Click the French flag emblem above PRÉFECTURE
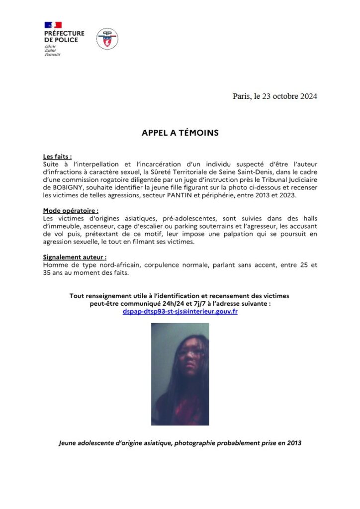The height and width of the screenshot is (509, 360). (x=53, y=25)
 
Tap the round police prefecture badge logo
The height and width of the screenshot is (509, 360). (x=107, y=39)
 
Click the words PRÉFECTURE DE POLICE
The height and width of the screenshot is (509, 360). (x=64, y=37)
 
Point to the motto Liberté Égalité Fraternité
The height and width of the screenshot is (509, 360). (x=52, y=50)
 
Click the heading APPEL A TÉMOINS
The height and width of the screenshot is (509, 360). (x=180, y=133)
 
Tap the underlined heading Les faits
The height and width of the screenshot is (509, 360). (x=57, y=156)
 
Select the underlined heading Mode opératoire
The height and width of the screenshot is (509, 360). (x=71, y=211)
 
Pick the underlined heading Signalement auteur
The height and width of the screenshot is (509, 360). (x=75, y=257)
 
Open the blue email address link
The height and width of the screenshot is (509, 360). (x=180, y=311)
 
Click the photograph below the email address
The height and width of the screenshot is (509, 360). (x=180, y=374)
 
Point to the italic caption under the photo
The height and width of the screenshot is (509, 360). (x=180, y=442)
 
